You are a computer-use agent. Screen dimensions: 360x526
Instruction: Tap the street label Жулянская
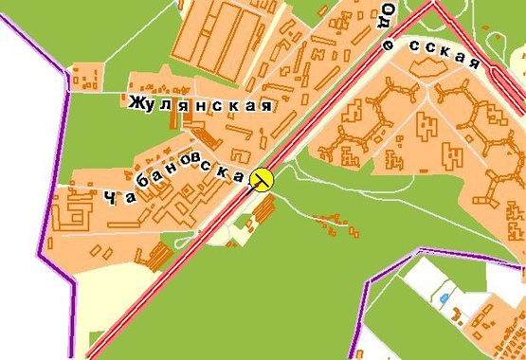click(x=200, y=103)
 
